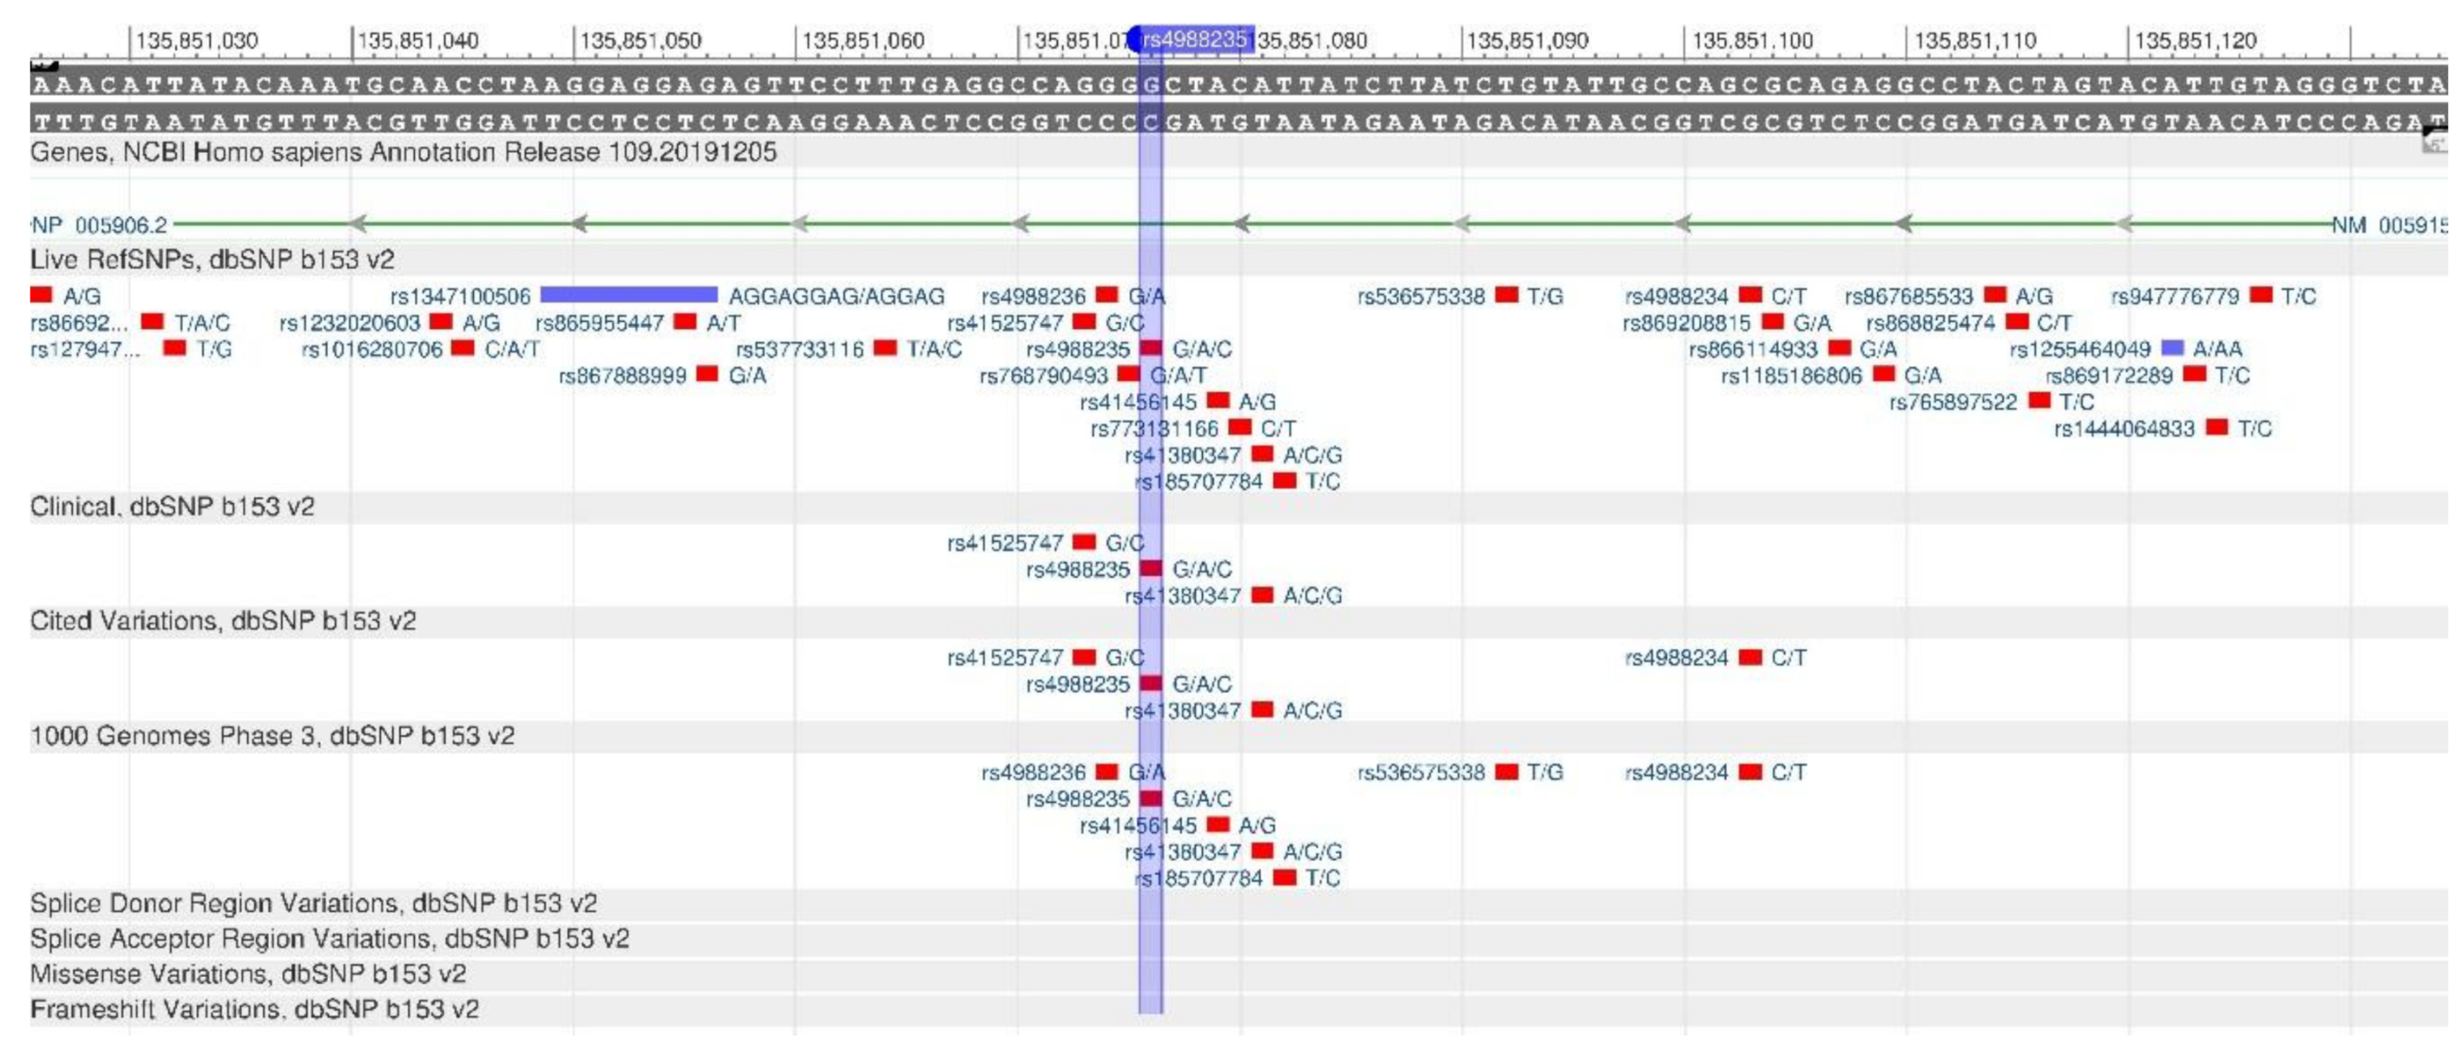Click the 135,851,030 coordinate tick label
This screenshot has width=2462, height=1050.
(197, 41)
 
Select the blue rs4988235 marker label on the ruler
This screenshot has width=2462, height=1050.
(1195, 39)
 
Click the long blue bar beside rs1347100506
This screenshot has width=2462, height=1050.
(629, 295)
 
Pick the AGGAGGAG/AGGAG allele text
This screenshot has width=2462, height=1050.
(836, 297)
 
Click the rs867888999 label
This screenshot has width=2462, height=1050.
(622, 375)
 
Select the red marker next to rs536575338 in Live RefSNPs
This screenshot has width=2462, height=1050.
(1506, 295)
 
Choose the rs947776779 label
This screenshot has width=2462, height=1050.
(2174, 297)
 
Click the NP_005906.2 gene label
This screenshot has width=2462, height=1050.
(100, 225)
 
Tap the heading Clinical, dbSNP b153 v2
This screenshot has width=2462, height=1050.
(172, 506)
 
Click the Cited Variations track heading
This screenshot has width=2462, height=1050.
(223, 621)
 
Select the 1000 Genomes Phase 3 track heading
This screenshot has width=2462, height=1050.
(272, 736)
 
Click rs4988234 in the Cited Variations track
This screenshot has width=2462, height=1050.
(1676, 657)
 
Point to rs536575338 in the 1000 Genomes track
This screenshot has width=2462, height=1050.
(1421, 772)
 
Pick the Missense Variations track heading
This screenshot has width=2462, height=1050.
(249, 974)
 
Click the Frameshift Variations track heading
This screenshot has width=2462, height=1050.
(254, 1009)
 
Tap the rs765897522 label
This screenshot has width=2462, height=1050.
(1952, 402)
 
